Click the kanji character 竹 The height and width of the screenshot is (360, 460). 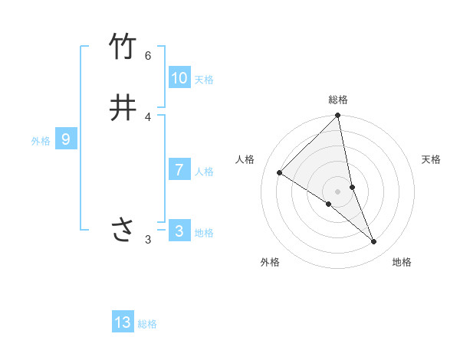pyautogui.click(x=123, y=47)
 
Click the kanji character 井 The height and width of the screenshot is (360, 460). pyautogui.click(x=123, y=108)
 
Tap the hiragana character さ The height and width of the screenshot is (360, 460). pyautogui.click(x=123, y=229)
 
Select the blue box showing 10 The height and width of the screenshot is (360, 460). pyautogui.click(x=179, y=78)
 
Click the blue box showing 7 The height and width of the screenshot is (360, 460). pyautogui.click(x=179, y=170)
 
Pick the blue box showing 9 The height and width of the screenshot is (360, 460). pyautogui.click(x=66, y=139)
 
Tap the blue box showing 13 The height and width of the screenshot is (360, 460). pyautogui.click(x=123, y=322)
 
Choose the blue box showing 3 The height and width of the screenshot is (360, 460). pyautogui.click(x=179, y=231)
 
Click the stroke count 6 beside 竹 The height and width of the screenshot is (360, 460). pyautogui.click(x=148, y=56)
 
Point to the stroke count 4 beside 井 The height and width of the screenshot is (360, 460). pyautogui.click(x=148, y=116)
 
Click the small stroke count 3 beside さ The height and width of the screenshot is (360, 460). pyautogui.click(x=148, y=240)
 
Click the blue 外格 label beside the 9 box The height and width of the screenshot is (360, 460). pyautogui.click(x=41, y=141)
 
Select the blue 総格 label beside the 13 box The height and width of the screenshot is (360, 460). pyautogui.click(x=147, y=324)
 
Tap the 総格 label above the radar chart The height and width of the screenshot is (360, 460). pyautogui.click(x=338, y=100)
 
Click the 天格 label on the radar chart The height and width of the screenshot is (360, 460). pyautogui.click(x=432, y=159)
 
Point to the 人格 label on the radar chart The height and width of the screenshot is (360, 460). pyautogui.click(x=245, y=159)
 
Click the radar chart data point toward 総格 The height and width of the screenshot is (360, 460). pyautogui.click(x=338, y=116)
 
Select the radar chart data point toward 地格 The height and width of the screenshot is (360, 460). pyautogui.click(x=374, y=241)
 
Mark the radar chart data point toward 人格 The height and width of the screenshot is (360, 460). pyautogui.click(x=279, y=172)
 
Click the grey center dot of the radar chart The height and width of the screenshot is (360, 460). pyautogui.click(x=338, y=191)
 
